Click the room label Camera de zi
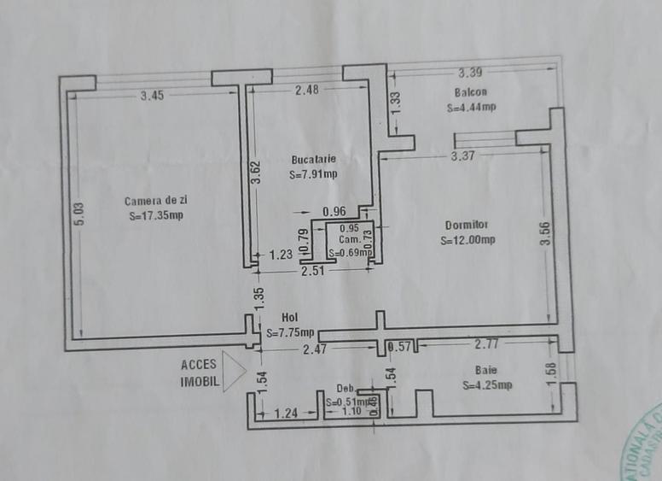point(154,202)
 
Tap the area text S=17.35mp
point(156,216)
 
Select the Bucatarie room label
point(313,159)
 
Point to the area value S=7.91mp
point(313,175)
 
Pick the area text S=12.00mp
point(467,241)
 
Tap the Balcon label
point(471,92)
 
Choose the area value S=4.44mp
point(471,108)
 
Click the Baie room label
point(487,370)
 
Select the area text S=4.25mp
point(488,385)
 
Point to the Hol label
point(289,317)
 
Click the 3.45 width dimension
point(152,96)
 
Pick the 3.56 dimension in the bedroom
point(546,233)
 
